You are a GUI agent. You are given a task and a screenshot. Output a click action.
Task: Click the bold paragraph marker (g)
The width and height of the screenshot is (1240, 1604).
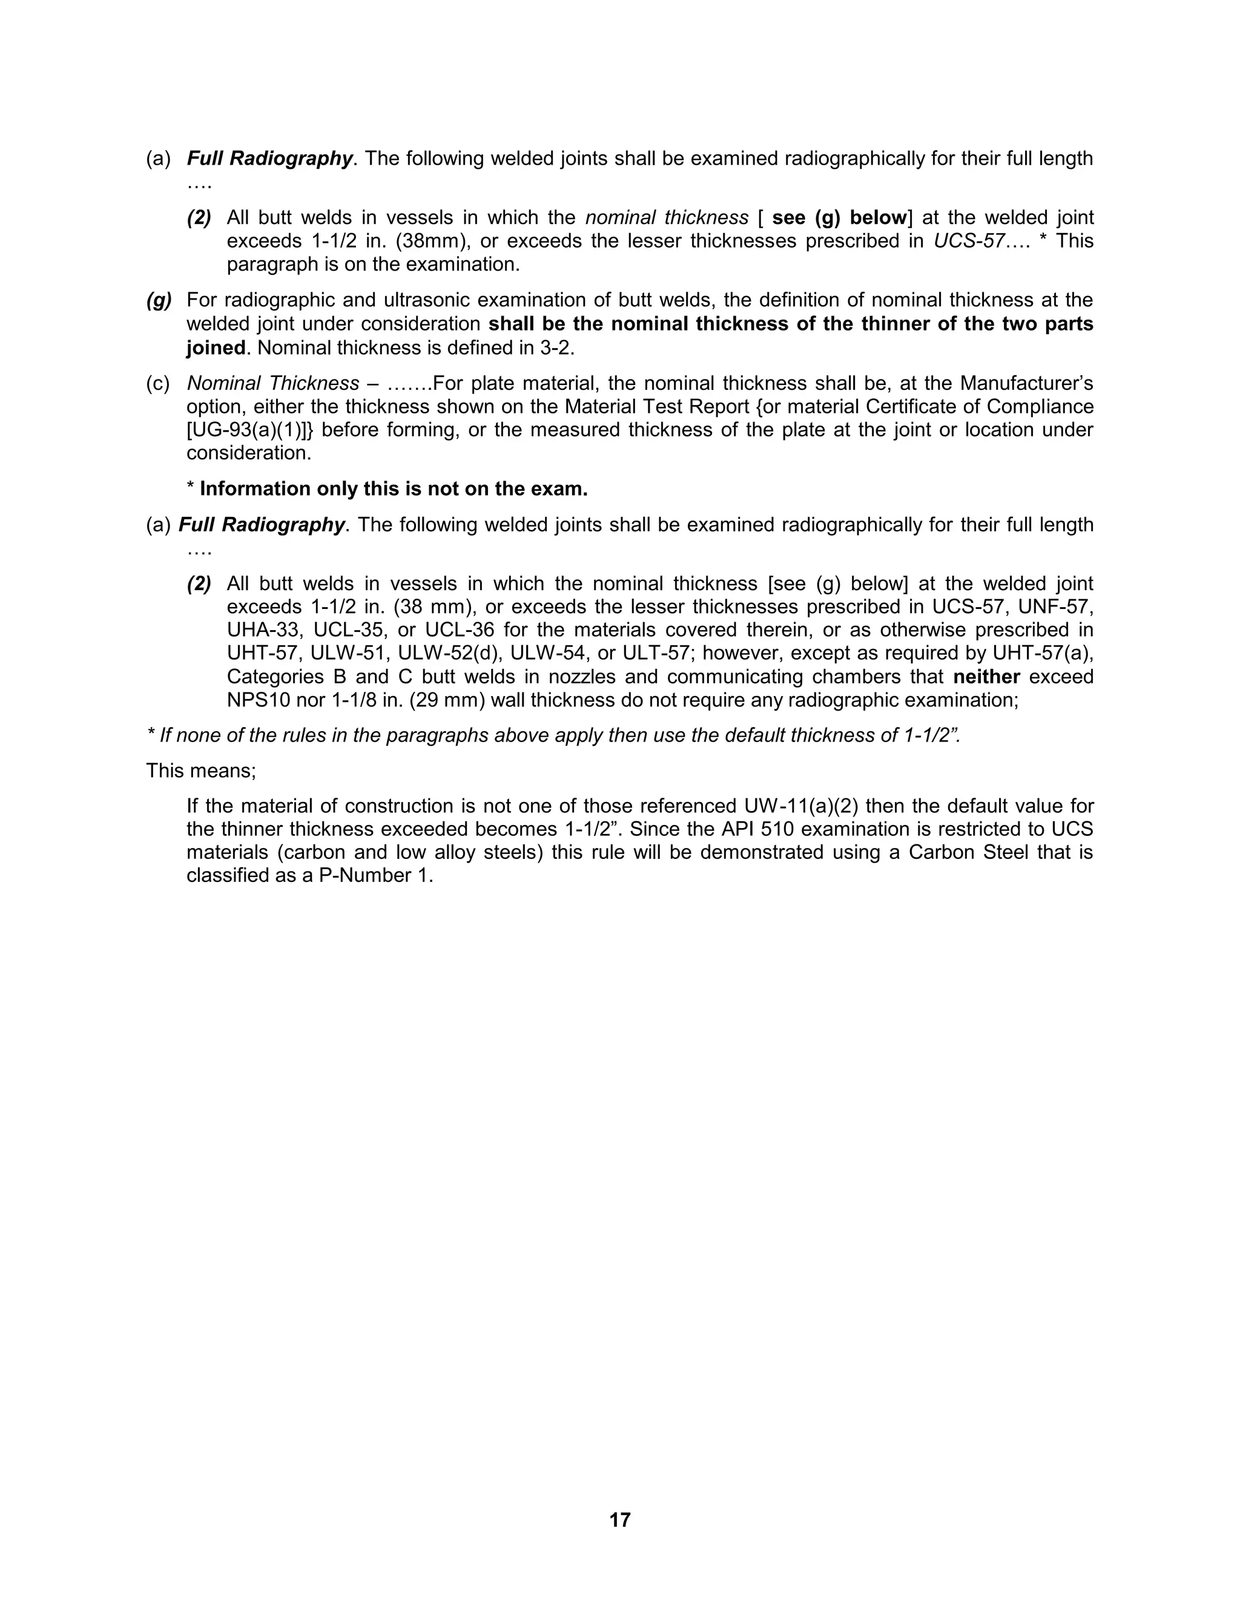point(159,300)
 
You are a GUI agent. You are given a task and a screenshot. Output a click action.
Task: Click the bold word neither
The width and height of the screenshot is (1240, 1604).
point(986,677)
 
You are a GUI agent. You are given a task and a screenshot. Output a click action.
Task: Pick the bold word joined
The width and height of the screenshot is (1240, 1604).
point(215,347)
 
